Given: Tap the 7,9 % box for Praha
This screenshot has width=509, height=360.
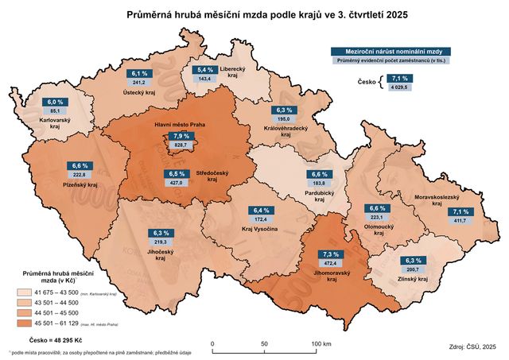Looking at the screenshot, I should (x=181, y=137).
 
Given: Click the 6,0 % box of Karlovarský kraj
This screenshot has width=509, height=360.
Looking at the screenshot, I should (x=55, y=103).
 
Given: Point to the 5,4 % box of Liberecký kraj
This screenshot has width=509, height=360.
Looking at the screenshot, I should (x=206, y=70).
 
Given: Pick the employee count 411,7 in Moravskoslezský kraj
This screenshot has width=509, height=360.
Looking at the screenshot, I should (x=460, y=221).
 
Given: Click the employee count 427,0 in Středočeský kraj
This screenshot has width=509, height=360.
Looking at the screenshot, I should (x=177, y=183).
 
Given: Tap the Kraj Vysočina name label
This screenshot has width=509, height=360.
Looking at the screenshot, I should (x=258, y=229).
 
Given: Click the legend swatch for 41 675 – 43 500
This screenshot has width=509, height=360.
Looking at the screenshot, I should (x=28, y=292).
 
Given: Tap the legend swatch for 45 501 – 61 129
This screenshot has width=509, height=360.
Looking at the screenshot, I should (x=28, y=324).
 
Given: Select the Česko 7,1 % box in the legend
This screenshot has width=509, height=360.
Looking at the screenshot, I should (x=399, y=79).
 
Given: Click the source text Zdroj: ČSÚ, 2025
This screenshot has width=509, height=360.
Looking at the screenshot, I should (x=472, y=346).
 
